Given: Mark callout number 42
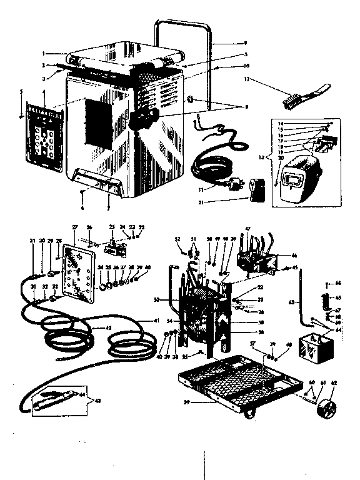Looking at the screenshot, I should pyautogui.click(x=109, y=327).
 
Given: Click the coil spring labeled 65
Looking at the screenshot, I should pyautogui.click(x=324, y=299).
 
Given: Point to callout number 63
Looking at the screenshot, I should pyautogui.click(x=290, y=302).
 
